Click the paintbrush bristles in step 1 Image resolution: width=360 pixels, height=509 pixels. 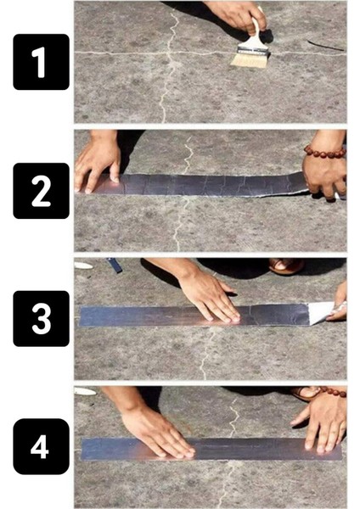pyautogui.click(x=250, y=57)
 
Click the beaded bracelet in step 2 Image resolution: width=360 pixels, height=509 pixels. pyautogui.click(x=325, y=152)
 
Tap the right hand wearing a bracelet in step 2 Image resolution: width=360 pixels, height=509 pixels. pyautogui.click(x=326, y=173)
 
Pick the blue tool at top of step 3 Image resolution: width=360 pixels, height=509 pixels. pyautogui.click(x=115, y=266)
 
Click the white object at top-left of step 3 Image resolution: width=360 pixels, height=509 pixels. pyautogui.click(x=82, y=265)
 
